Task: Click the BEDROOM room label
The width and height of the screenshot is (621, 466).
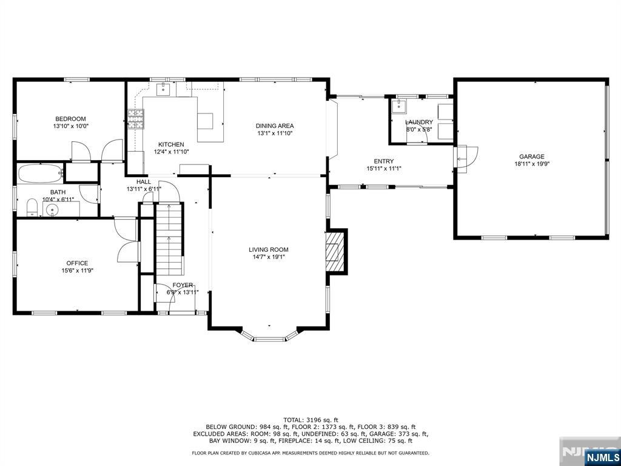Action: pyautogui.click(x=70, y=119)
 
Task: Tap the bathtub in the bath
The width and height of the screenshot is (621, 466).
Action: pyautogui.click(x=41, y=173)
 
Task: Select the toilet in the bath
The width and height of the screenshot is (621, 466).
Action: pyautogui.click(x=32, y=208)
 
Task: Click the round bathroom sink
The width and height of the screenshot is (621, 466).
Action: pyautogui.click(x=52, y=210)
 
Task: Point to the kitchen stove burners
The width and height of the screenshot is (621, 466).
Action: pyautogui.click(x=135, y=119)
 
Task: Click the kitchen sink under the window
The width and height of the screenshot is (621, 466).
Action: pyautogui.click(x=163, y=90)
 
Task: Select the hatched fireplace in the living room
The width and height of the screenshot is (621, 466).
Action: pyautogui.click(x=333, y=252)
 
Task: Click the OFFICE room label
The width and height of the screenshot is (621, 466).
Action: pyautogui.click(x=77, y=263)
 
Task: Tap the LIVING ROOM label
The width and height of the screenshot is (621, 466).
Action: pyautogui.click(x=269, y=249)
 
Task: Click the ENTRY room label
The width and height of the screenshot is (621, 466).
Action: pyautogui.click(x=384, y=161)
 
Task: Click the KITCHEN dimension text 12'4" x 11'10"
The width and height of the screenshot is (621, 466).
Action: pyautogui.click(x=172, y=151)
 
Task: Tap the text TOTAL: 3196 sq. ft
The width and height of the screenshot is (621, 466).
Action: pyautogui.click(x=310, y=420)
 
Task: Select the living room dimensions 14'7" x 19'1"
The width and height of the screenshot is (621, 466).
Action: pyautogui.click(x=269, y=257)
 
